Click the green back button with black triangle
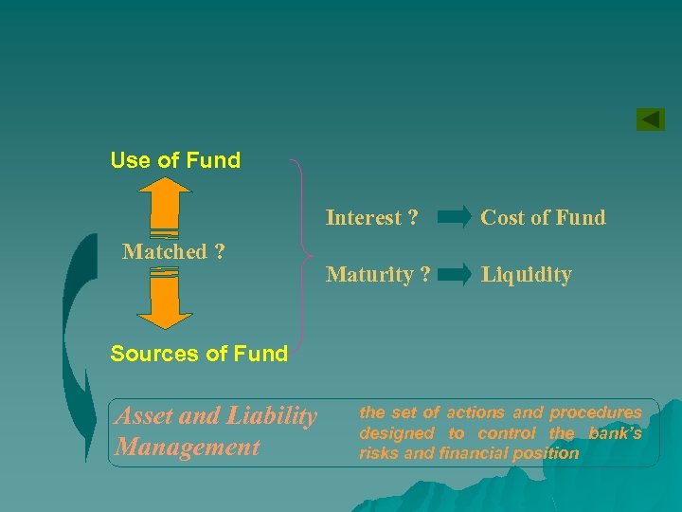click(650, 119)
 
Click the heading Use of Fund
click(175, 160)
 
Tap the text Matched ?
click(174, 251)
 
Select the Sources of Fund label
click(199, 354)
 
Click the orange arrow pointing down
click(164, 296)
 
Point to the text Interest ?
click(371, 217)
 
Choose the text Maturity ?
click(378, 275)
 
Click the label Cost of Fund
click(543, 217)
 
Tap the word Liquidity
click(526, 275)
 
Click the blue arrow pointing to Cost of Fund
click(454, 218)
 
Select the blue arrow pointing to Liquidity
click(454, 276)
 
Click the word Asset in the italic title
click(142, 415)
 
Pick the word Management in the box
click(187, 447)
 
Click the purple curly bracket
click(300, 256)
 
